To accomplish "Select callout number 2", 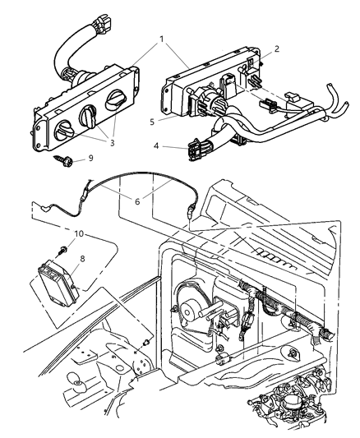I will point(277,48).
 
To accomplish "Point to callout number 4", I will point(158,148).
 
